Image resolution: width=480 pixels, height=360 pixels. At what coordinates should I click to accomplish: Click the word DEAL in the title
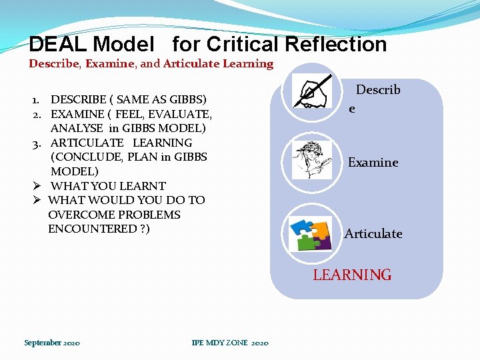[58, 45]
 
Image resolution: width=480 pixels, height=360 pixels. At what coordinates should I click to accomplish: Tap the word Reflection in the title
[336, 45]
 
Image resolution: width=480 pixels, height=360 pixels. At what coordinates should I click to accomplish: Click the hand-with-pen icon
[313, 93]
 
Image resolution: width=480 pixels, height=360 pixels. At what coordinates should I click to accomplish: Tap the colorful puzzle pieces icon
[311, 233]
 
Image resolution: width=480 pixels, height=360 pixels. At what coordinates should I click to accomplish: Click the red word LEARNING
[352, 275]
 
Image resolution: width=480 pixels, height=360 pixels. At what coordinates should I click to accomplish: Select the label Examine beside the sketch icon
[373, 163]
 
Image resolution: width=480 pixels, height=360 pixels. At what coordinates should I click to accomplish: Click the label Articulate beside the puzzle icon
[373, 234]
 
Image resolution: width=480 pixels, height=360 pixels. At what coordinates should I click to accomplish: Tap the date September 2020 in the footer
[52, 343]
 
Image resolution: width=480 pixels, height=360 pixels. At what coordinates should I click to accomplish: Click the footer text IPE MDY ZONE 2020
[229, 343]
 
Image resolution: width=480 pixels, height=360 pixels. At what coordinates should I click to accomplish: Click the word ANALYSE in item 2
[77, 128]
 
